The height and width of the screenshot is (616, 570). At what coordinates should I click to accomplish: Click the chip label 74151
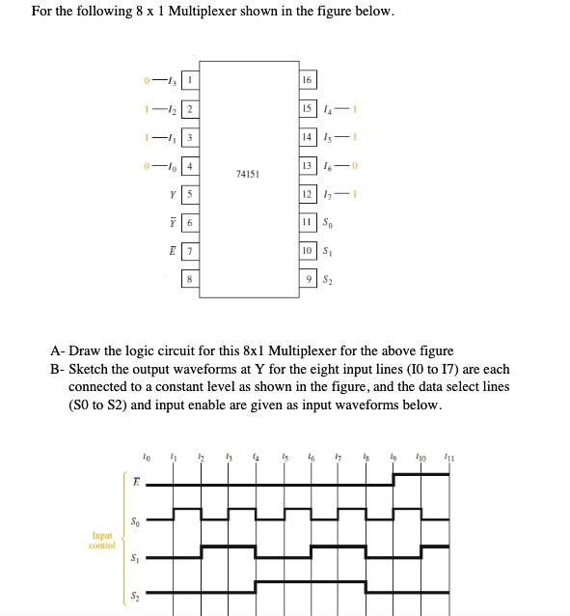click(246, 175)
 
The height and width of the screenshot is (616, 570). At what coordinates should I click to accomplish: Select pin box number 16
click(307, 79)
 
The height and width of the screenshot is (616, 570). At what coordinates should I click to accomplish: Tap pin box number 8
click(190, 281)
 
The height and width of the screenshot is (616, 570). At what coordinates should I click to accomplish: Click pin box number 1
click(190, 79)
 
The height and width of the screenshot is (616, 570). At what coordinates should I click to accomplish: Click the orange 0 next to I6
click(354, 168)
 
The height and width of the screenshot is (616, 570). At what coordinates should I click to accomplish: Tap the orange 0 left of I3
click(145, 79)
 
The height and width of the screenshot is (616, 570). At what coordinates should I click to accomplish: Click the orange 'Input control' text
click(102, 540)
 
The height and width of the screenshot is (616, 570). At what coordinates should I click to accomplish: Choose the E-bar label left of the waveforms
click(135, 480)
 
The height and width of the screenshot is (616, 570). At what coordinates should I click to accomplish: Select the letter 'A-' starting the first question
click(57, 350)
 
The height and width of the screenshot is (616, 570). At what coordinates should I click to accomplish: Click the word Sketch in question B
click(89, 369)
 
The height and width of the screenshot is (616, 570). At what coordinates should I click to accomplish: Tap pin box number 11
click(307, 224)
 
